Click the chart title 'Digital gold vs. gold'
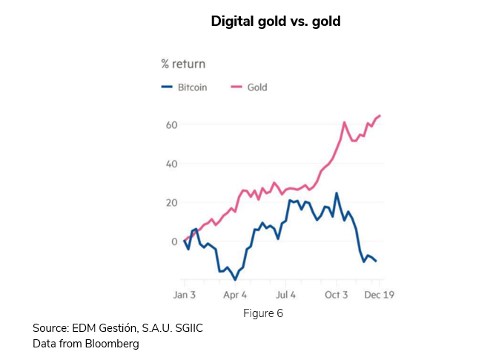[x=276, y=21]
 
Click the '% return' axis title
[x=183, y=64]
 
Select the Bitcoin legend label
[x=192, y=87]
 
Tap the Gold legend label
[x=257, y=87]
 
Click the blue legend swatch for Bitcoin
[x=167, y=87]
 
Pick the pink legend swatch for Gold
[x=237, y=87]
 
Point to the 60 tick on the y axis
[x=170, y=124]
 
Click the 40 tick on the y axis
[x=170, y=164]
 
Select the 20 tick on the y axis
[x=170, y=202]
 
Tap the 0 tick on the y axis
[x=173, y=241]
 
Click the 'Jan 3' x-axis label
[x=185, y=295]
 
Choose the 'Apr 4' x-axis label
[x=234, y=295]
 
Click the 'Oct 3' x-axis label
[x=336, y=295]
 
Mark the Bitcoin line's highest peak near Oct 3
[x=337, y=193]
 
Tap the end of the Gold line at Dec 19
[x=380, y=116]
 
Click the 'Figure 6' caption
[x=263, y=313]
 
